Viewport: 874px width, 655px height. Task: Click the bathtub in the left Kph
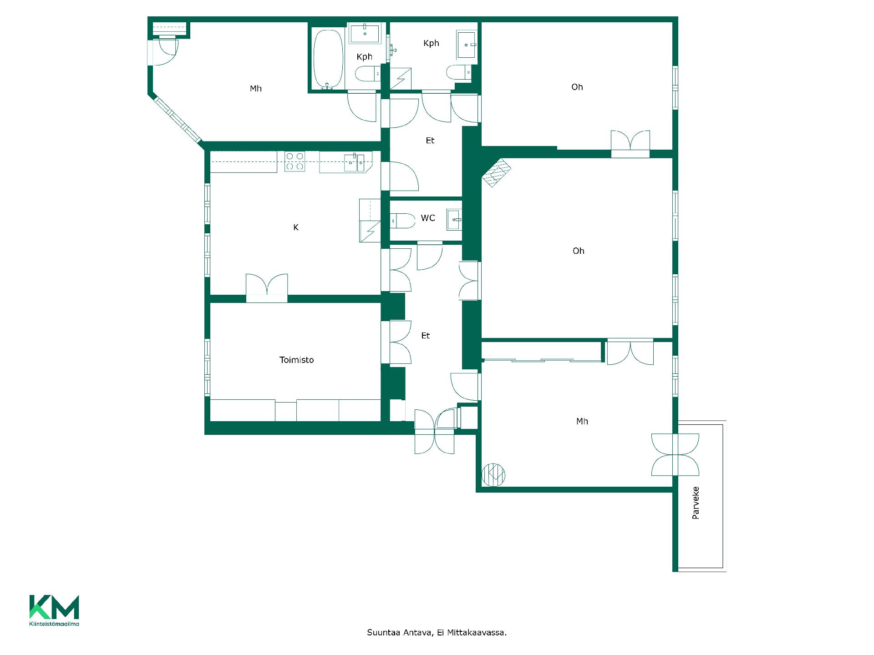[328, 59]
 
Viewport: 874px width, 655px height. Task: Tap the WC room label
[428, 218]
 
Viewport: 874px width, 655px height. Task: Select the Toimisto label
[296, 360]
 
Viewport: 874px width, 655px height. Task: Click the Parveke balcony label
[696, 503]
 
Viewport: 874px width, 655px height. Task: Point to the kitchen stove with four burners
[295, 161]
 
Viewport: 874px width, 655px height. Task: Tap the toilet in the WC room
[403, 221]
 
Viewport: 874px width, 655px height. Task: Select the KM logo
[54, 607]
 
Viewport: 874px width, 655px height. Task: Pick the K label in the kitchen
[296, 227]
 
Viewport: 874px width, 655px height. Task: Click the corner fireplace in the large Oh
[496, 173]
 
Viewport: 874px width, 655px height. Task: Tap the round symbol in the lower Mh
[493, 474]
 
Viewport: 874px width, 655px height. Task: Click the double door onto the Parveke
[675, 454]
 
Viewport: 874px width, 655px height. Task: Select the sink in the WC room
[454, 220]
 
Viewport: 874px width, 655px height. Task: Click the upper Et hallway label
[430, 141]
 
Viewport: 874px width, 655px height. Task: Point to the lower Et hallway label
[426, 336]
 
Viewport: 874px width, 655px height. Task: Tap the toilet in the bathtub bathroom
[368, 74]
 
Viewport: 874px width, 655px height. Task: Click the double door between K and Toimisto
[267, 288]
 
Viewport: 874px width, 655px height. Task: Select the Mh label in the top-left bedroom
[256, 89]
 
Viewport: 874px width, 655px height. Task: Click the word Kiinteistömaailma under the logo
[54, 624]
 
